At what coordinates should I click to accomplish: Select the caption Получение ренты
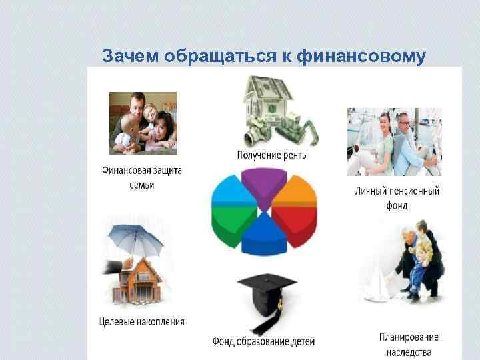(273, 155)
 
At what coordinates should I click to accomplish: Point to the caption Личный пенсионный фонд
(397, 199)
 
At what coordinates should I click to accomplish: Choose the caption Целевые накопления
(141, 322)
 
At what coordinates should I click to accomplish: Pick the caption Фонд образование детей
(263, 341)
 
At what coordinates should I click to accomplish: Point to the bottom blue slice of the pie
(263, 239)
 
